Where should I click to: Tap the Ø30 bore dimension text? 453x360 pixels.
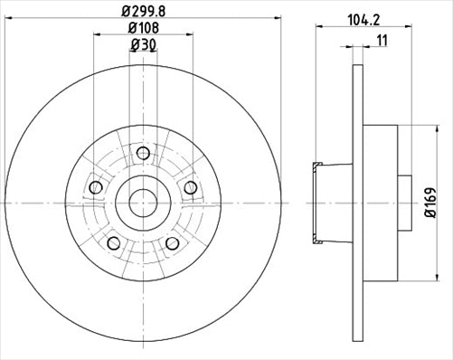coord(143,47)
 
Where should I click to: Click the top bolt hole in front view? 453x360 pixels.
coord(143,153)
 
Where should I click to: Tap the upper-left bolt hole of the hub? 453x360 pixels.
coord(96,187)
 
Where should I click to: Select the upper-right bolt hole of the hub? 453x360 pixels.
coord(190,187)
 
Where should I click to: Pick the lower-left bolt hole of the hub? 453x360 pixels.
coord(114,243)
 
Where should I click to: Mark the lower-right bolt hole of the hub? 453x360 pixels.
coord(172,243)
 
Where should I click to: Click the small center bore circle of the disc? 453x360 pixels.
coord(143,202)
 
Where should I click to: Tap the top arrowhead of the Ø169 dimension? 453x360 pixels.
coord(415,127)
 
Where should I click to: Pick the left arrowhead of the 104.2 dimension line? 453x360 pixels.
coord(317,26)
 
